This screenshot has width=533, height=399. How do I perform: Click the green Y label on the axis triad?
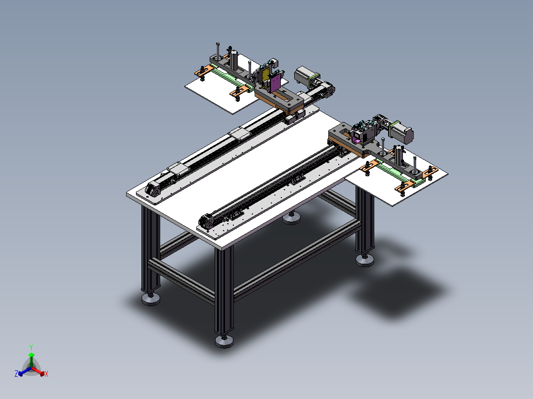pyautogui.click(x=31, y=347)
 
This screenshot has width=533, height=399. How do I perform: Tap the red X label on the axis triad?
pyautogui.click(x=46, y=374)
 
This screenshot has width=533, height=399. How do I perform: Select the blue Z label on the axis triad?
pyautogui.click(x=16, y=373)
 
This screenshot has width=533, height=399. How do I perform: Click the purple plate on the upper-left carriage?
pyautogui.click(x=275, y=82)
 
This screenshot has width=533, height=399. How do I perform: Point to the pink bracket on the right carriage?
pyautogui.click(x=356, y=139)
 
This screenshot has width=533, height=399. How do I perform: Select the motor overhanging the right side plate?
pyautogui.click(x=401, y=131)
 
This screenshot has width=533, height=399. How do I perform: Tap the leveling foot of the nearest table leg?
pyautogui.click(x=224, y=341)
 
